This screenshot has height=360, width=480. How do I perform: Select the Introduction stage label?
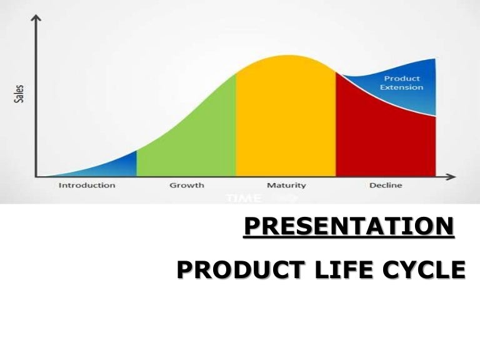click(87, 185)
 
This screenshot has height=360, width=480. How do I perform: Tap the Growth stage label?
click(186, 185)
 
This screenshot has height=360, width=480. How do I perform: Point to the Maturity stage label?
click(286, 185)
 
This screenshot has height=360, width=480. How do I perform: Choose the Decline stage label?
click(386, 185)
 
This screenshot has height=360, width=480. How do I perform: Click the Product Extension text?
click(401, 82)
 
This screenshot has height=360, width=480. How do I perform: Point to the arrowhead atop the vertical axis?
click(37, 19)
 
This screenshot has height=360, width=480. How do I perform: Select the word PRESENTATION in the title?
click(348, 226)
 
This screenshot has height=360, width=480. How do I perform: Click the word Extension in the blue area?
click(401, 87)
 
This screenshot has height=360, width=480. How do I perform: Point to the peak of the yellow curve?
click(286, 56)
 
